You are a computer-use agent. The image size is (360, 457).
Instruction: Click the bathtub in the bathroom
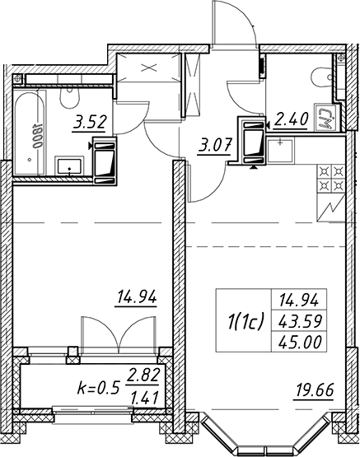(30, 133)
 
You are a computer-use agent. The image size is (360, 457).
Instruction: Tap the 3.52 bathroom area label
(89, 123)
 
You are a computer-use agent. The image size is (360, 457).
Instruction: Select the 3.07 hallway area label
(215, 146)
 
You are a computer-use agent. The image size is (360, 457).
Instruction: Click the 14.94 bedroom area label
(137, 297)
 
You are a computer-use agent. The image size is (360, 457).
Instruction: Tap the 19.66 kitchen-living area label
(314, 390)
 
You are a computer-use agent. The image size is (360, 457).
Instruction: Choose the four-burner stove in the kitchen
(331, 179)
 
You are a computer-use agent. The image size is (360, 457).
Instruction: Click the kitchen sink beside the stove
(280, 151)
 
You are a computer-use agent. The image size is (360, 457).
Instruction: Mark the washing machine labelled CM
(325, 118)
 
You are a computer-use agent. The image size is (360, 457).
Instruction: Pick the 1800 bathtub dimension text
(37, 137)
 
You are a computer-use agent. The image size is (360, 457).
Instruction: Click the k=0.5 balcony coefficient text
(99, 388)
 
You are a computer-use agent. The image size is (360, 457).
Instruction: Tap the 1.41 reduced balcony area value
(145, 398)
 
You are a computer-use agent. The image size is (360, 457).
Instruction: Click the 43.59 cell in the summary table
(300, 321)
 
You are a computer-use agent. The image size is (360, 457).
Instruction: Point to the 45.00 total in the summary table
(300, 342)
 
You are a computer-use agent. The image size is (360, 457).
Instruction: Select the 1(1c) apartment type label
(246, 320)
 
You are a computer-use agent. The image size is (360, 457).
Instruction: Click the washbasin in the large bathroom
(69, 166)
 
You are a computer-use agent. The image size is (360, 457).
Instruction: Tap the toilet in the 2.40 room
(322, 78)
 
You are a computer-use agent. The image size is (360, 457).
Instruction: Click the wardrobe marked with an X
(148, 68)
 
